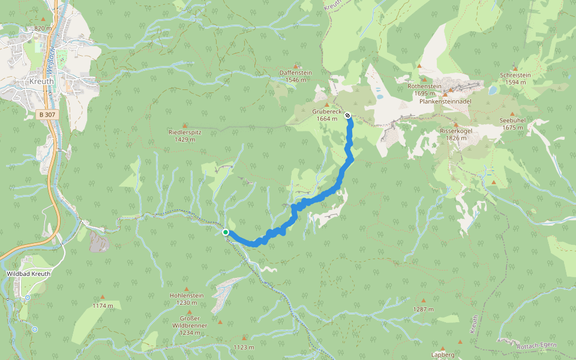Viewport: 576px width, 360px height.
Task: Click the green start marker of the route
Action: (225, 232)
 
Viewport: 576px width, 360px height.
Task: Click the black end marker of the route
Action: (347, 115)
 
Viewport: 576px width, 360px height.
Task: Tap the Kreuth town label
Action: (41, 81)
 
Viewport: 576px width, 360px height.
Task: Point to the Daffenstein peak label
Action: (296, 73)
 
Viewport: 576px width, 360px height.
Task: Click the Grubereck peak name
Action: (327, 112)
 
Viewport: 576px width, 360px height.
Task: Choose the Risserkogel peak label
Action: (457, 131)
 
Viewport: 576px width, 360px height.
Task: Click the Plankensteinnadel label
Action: (445, 101)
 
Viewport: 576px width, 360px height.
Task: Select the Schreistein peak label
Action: (515, 75)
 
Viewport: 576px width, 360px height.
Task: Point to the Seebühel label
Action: (512, 120)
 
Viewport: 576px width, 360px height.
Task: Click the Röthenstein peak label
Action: (424, 86)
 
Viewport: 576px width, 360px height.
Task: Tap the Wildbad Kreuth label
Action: (28, 274)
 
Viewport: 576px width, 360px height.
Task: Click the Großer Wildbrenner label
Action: (190, 322)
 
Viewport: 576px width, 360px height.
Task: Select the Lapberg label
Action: (443, 355)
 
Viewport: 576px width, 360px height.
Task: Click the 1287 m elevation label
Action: (423, 309)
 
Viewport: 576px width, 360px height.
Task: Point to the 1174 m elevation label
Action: (103, 305)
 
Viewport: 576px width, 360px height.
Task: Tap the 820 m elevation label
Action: (43, 28)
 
